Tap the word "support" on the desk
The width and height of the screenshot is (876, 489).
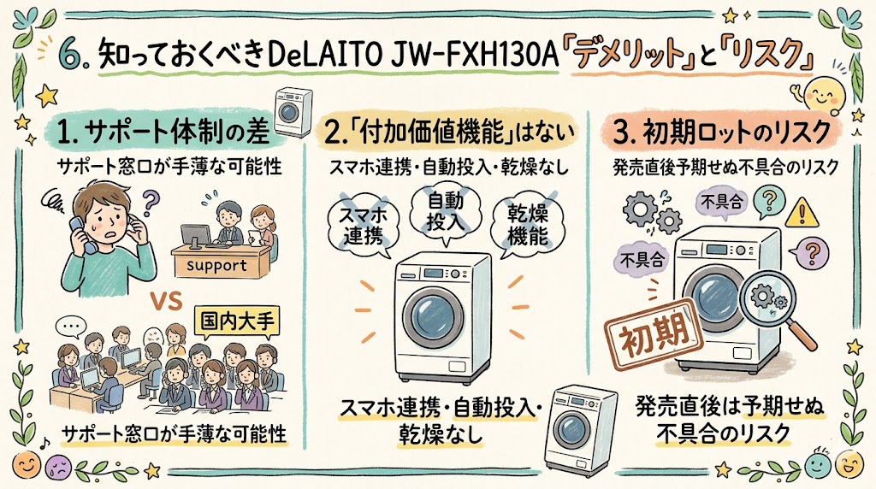216,265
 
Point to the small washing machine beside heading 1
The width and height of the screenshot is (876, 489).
287,113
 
